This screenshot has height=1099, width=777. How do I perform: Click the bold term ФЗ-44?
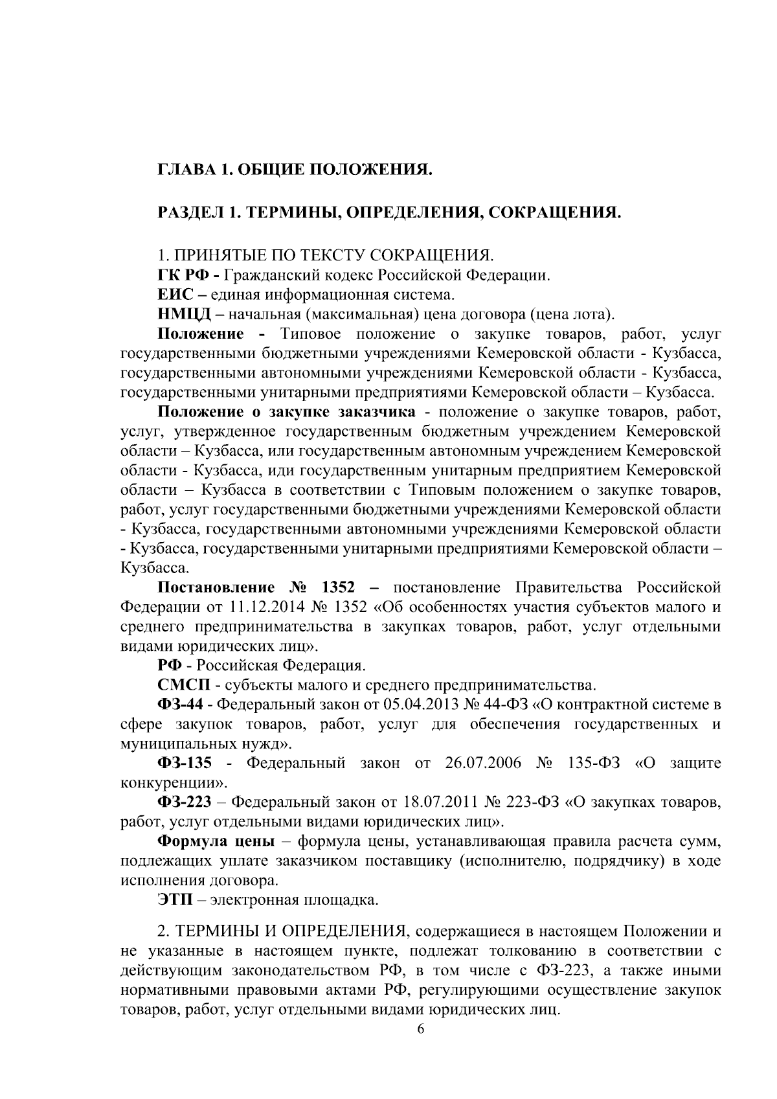(x=185, y=705)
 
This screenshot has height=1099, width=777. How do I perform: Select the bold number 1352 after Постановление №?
(x=338, y=588)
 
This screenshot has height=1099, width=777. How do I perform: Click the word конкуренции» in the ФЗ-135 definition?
(x=174, y=782)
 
